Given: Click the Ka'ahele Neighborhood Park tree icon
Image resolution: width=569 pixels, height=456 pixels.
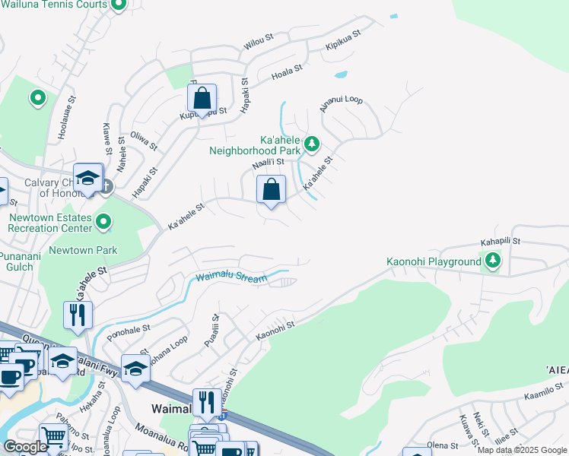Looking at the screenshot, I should coord(310,143).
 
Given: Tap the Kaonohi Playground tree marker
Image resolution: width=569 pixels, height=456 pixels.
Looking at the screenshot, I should coord(494,261).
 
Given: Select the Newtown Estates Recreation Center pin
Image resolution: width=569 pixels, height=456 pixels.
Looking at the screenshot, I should coord(103,223).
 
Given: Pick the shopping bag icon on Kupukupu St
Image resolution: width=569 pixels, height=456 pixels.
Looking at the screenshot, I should coord(202,98).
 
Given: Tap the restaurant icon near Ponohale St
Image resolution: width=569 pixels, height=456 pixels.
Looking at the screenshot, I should coord(78,315).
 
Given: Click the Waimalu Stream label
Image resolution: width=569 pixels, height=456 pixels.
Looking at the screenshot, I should coord(231,278).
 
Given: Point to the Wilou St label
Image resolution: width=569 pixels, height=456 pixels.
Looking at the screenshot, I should coord(259,46).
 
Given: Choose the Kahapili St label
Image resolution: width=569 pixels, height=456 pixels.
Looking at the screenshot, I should coord(499,241).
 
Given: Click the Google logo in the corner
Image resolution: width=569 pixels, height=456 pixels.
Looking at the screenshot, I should coord(25,447).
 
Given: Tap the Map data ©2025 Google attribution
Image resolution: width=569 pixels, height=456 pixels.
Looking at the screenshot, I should coord(522,450).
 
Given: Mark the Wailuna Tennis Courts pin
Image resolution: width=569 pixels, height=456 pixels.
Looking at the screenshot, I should coord(118,5).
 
